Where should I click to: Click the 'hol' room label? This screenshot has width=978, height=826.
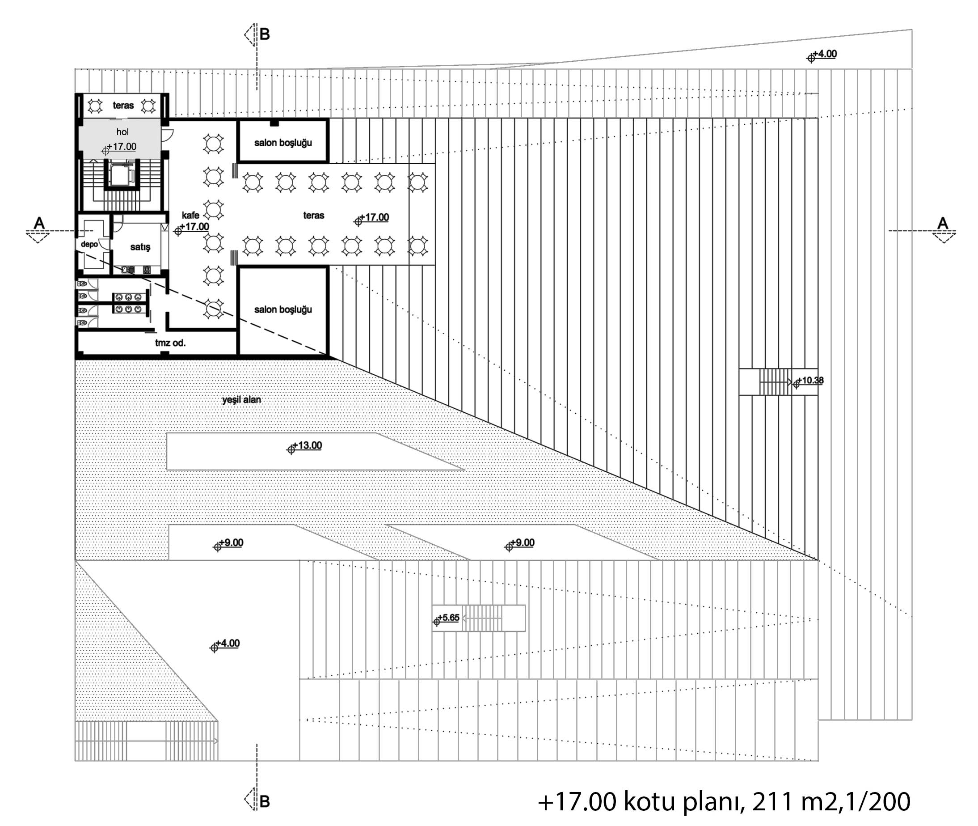(x=122, y=132)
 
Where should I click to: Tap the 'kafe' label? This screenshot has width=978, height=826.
(x=190, y=215)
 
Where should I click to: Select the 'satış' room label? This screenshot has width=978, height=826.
(x=140, y=247)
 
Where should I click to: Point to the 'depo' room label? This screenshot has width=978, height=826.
(x=89, y=244)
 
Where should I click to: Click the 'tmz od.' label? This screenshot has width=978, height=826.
(x=170, y=343)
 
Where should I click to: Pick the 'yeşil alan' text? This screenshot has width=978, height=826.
(x=241, y=399)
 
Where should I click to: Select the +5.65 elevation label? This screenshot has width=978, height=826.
(x=447, y=618)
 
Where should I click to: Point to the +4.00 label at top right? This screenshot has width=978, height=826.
(x=822, y=55)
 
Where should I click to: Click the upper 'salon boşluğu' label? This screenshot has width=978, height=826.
(x=283, y=142)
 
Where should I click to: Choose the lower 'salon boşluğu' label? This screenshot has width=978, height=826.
(x=283, y=309)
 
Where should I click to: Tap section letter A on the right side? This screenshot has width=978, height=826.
(x=942, y=223)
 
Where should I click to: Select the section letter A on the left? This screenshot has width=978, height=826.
(x=39, y=223)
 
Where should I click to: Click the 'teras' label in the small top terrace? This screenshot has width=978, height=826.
(x=123, y=106)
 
